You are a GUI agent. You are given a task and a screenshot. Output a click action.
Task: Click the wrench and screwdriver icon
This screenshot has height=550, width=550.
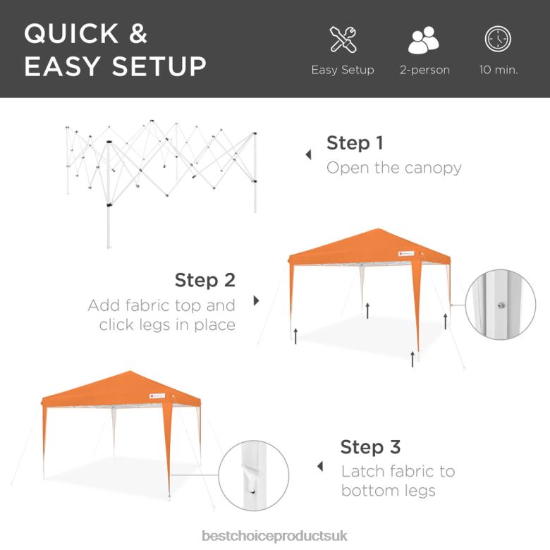[343, 39]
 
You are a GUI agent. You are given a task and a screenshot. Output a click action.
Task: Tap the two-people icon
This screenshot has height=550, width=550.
[424, 40]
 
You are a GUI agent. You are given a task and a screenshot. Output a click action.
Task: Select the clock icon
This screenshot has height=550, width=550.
[498, 39]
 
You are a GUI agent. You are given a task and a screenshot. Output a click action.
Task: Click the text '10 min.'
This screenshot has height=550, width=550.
[499, 71]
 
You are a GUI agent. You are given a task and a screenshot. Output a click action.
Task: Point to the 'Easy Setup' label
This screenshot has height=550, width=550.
[343, 71]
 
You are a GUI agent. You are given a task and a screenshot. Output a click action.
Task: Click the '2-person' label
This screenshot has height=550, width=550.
[424, 71]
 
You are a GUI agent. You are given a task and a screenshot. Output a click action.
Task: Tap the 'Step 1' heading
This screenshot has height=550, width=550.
[355, 143]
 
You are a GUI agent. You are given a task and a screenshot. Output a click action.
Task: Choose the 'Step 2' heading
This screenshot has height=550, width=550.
[204, 280]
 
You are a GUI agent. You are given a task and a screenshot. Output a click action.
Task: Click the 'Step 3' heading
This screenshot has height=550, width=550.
[370, 447]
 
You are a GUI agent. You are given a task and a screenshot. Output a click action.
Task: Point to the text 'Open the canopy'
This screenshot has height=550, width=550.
[393, 168]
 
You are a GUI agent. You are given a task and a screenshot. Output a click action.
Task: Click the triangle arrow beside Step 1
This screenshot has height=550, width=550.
[308, 154]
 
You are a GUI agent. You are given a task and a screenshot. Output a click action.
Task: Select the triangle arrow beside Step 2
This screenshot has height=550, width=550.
[256, 300]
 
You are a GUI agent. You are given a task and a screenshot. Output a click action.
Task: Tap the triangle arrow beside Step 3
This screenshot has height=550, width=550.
[320, 466]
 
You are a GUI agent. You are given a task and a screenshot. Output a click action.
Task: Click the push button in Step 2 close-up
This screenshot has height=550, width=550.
[500, 305]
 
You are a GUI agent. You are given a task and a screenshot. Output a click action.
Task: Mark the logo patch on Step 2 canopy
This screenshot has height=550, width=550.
[403, 254]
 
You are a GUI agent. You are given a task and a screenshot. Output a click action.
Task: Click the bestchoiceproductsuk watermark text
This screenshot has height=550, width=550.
[274, 536]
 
